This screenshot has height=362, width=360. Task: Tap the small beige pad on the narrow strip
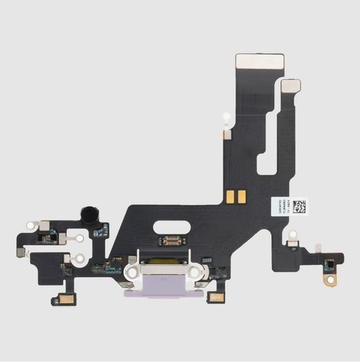(x=292, y=86)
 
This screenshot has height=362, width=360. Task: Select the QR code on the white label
(x=301, y=205)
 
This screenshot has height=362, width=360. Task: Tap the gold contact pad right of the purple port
(x=220, y=298)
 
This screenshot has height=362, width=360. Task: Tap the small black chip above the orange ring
(x=331, y=262)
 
